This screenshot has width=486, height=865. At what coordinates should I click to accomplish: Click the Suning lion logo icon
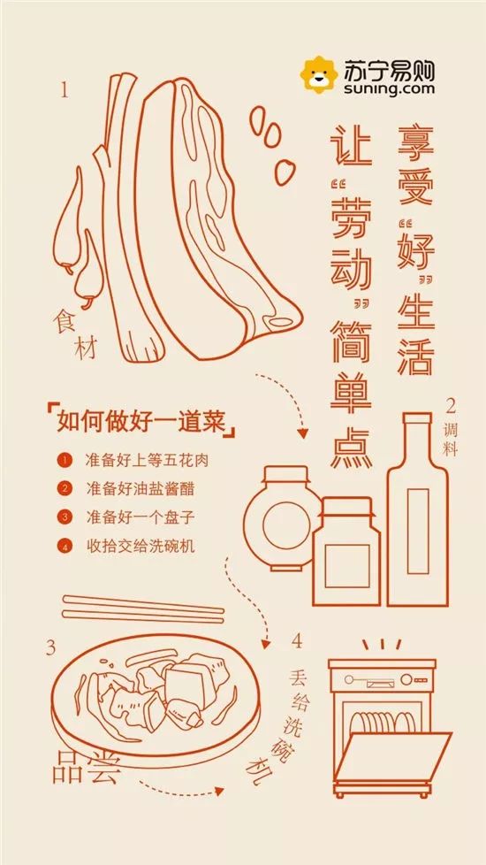[319, 75]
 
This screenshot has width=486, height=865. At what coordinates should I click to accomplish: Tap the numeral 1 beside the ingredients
[65, 90]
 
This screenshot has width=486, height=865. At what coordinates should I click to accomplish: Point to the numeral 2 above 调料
[451, 407]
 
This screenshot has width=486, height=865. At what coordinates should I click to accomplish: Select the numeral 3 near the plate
[50, 647]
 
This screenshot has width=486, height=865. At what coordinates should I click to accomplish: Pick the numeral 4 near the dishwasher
[297, 641]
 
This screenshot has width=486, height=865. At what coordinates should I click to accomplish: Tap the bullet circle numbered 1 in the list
[65, 460]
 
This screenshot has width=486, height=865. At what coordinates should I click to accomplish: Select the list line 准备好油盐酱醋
[140, 488]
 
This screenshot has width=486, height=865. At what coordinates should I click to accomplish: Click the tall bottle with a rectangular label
[418, 509]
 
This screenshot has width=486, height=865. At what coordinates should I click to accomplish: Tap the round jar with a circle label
[284, 518]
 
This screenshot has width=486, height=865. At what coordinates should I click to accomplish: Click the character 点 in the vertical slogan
[352, 448]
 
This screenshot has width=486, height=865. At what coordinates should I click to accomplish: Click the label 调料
[451, 438]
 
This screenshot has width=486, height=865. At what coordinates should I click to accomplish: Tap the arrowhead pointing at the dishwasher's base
[219, 791]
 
